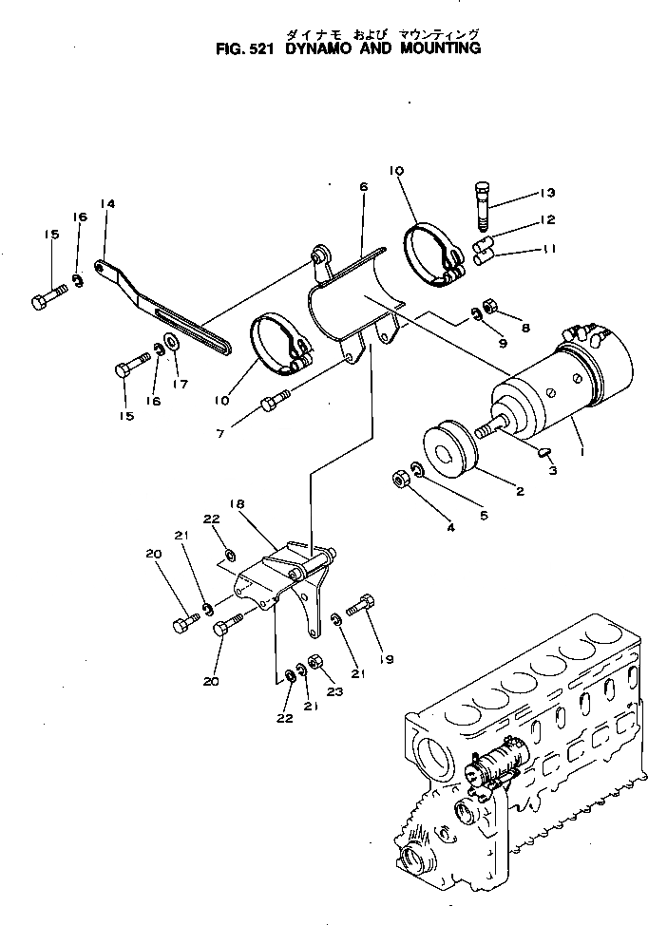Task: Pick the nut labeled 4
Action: pyautogui.click(x=400, y=480)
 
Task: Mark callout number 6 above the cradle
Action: pyautogui.click(x=363, y=189)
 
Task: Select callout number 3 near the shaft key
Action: pyautogui.click(x=552, y=471)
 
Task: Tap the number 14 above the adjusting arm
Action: pyautogui.click(x=107, y=204)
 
